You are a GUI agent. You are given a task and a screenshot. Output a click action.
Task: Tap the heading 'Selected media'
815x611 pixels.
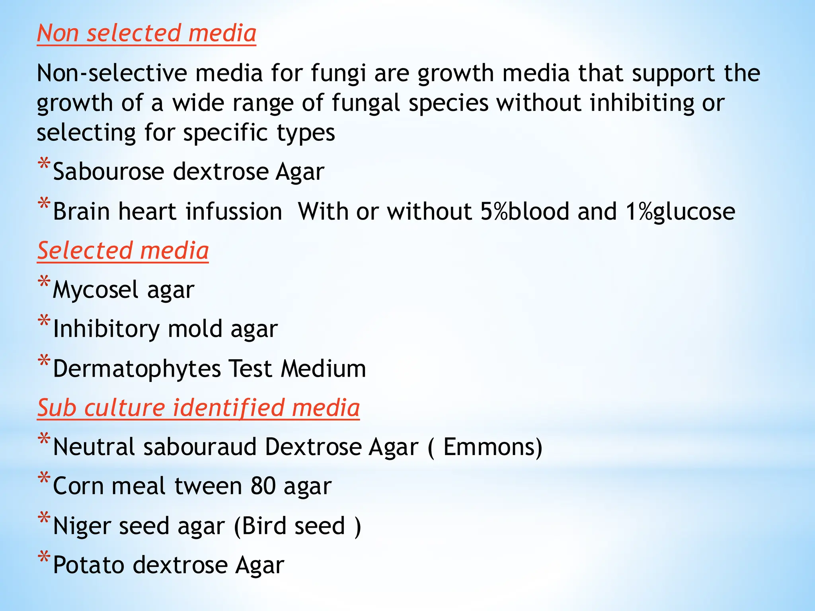(x=123, y=251)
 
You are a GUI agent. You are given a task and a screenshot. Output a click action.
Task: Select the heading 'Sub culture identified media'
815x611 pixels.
(x=199, y=408)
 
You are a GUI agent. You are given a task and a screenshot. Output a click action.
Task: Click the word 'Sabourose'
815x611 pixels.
(x=109, y=171)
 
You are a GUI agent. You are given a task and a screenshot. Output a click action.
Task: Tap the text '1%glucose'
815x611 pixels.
(x=680, y=211)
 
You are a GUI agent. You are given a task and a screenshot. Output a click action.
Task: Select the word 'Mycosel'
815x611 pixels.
(x=96, y=290)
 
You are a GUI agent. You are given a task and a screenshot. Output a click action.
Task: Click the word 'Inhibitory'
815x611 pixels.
(x=106, y=329)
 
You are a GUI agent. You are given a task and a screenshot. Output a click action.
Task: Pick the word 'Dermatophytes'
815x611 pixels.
(x=136, y=368)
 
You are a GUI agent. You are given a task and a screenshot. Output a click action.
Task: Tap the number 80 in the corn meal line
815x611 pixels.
(x=263, y=486)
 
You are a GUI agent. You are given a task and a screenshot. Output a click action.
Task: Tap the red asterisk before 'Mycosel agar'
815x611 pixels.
(x=44, y=282)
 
